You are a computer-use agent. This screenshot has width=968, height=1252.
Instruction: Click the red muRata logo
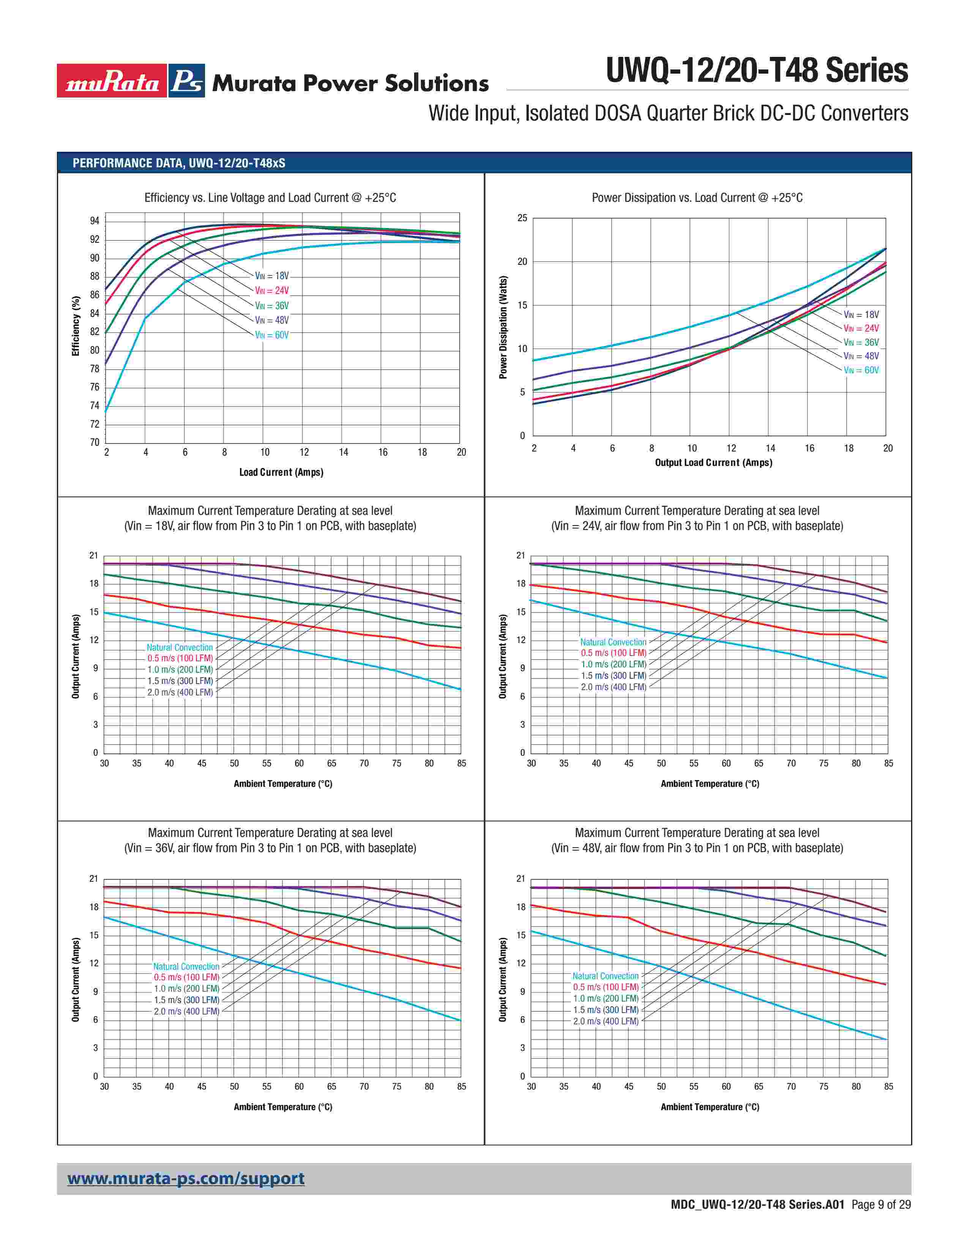point(112,81)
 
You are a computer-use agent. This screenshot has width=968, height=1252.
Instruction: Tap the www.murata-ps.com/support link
point(186,1179)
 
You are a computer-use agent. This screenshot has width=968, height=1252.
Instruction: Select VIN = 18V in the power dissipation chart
point(861,315)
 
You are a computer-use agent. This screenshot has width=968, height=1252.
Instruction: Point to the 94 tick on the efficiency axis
point(95,221)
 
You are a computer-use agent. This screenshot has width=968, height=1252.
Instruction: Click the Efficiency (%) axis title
point(76,326)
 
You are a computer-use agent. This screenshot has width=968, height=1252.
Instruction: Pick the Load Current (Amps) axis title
point(281,472)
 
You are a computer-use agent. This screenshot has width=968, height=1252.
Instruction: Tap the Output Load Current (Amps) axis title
point(713,462)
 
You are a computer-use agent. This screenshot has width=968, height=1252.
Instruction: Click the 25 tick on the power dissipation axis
point(522,219)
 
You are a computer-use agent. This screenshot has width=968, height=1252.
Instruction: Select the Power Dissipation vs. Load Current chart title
point(697,198)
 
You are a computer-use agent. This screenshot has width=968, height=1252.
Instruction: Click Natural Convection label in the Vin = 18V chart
point(180,647)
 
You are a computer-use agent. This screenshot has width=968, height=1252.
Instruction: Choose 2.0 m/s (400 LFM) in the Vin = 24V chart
point(613,687)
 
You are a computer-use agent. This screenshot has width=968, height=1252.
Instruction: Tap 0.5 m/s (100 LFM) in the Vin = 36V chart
point(186,977)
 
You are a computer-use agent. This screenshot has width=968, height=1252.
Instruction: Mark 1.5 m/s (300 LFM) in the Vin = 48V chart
point(605,1010)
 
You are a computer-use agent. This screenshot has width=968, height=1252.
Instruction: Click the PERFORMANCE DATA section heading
point(178,163)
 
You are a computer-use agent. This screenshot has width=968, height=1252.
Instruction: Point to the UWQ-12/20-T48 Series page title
point(757,71)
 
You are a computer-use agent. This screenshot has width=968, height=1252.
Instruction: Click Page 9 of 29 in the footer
point(881,1205)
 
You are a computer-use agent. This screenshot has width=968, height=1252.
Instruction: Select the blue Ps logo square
point(186,81)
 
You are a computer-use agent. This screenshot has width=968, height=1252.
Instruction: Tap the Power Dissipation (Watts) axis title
point(503,327)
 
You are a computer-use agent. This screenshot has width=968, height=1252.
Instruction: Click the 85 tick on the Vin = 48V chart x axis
point(888,1086)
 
